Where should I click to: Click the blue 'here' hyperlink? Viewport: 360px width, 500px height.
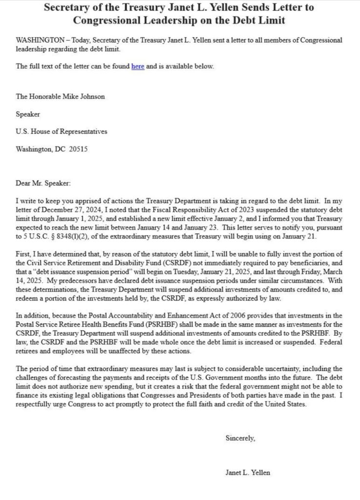[137, 66]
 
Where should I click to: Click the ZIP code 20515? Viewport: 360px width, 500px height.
[78, 149]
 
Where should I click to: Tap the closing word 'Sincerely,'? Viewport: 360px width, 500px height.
[240, 438]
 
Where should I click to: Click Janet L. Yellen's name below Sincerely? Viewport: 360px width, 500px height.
[247, 473]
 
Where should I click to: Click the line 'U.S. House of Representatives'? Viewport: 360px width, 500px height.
[62, 132]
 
